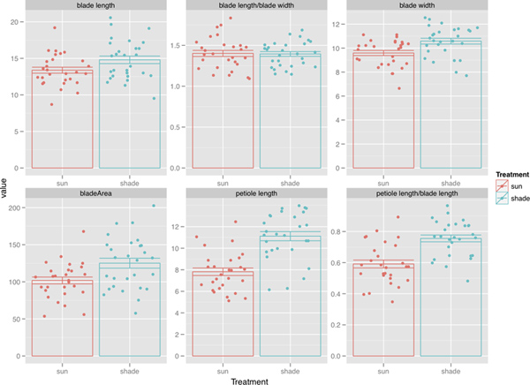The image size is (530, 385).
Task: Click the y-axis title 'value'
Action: pyautogui.click(x=6, y=189)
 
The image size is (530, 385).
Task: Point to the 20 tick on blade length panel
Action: pyautogui.click(x=18, y=20)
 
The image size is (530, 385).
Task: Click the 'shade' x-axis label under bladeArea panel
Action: pyautogui.click(x=128, y=363)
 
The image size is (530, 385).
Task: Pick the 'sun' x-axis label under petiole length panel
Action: pyautogui.click(x=222, y=363)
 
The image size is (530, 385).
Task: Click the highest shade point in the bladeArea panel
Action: pyautogui.click(x=153, y=206)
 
